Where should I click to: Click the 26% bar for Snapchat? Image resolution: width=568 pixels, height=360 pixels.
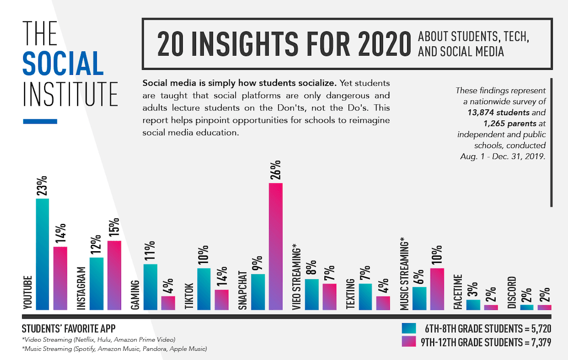[276, 246]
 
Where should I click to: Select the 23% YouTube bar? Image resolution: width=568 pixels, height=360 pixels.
[42, 254]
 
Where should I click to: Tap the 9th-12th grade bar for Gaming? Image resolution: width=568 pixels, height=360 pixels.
[168, 303]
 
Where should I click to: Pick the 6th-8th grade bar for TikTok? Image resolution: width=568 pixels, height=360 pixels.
[204, 289]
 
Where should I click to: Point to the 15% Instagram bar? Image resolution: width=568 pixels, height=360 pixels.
[114, 275]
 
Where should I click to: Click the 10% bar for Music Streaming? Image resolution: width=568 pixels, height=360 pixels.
[437, 289]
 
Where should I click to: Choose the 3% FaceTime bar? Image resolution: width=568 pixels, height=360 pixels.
[473, 305]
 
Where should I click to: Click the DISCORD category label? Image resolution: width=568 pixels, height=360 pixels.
[512, 293]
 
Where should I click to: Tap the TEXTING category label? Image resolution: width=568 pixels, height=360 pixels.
[350, 294]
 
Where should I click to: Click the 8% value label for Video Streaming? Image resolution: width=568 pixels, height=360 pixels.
[312, 268]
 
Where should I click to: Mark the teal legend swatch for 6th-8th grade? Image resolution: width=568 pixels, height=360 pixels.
[409, 328]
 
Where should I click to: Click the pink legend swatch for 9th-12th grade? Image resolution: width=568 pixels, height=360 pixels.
[409, 342]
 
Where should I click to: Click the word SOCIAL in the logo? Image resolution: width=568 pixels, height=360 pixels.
[63, 64]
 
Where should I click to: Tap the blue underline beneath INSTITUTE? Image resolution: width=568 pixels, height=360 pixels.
[40, 121]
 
